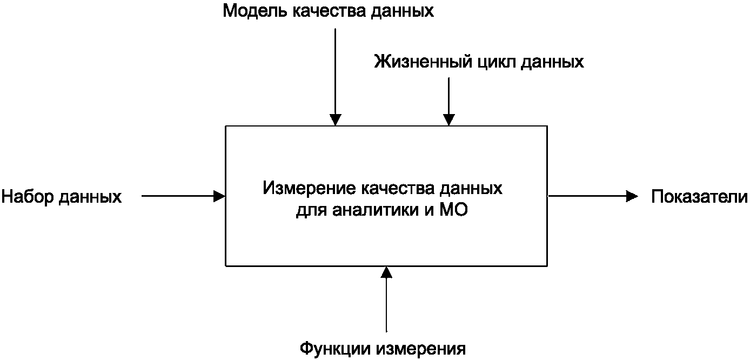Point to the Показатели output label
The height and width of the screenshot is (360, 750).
[699, 197]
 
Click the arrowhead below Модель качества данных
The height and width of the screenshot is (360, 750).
[336, 120]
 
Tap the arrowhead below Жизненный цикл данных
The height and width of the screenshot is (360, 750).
[448, 120]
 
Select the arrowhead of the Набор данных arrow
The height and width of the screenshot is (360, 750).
[219, 196]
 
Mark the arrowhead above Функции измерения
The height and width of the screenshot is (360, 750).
[386, 272]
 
